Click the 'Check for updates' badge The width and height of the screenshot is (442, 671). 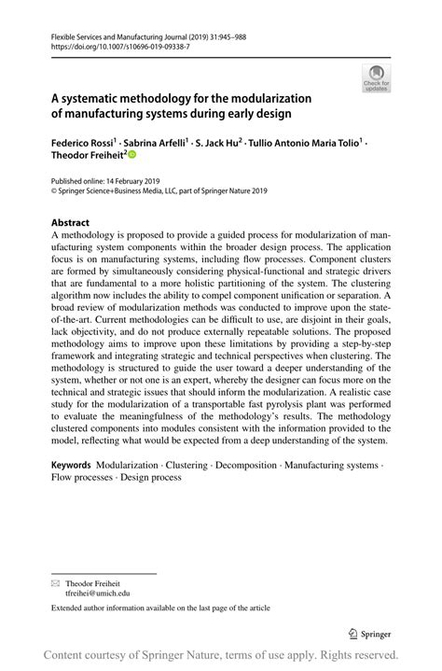coord(377,77)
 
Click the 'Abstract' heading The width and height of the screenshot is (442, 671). coord(70,223)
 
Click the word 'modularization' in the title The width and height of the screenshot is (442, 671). coord(270,97)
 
